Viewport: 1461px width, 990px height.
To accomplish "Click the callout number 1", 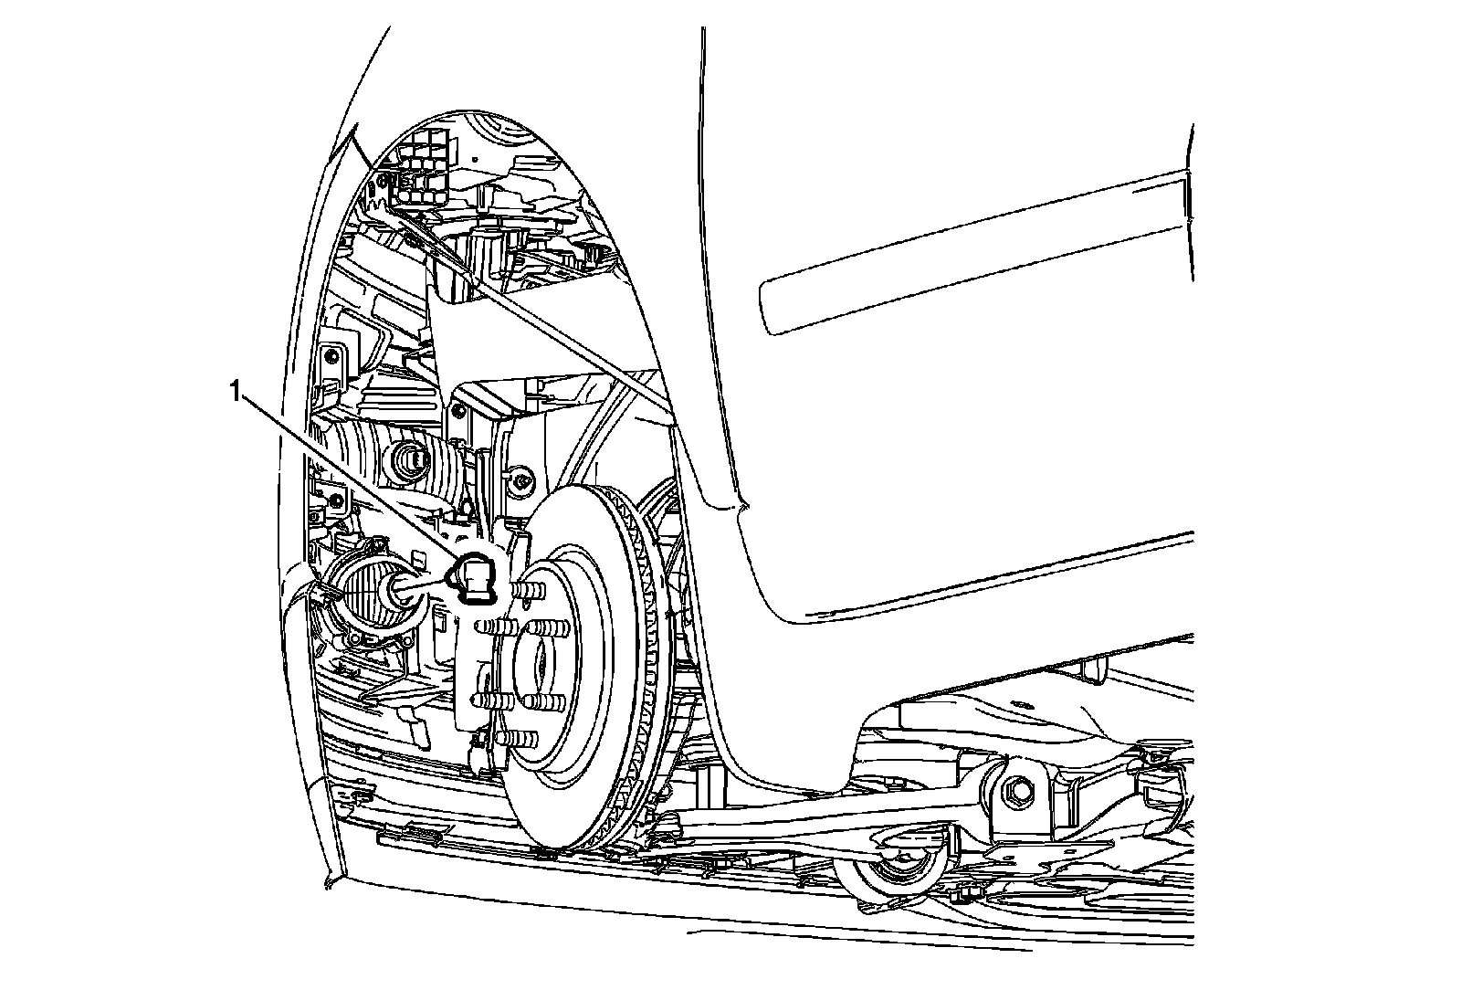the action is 236,393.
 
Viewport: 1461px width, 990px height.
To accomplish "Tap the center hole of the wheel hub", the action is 538,664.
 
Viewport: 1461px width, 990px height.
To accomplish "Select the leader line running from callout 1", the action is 347,484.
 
